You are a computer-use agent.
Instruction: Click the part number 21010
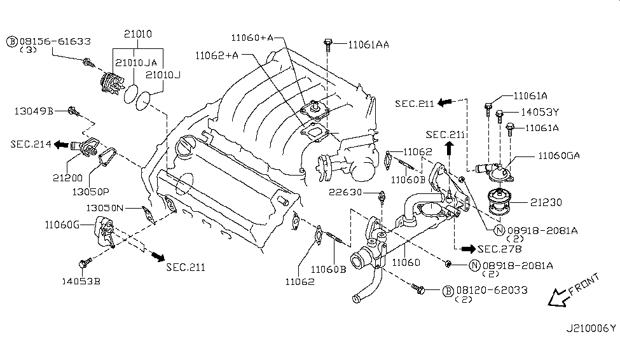click(139, 34)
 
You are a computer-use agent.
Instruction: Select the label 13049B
click(33, 111)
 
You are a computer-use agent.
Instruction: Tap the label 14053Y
click(537, 113)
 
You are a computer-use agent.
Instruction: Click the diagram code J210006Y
click(591, 329)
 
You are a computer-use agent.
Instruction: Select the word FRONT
click(584, 285)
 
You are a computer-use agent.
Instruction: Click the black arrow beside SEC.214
click(61, 145)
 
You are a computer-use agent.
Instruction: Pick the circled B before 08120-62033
click(448, 291)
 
